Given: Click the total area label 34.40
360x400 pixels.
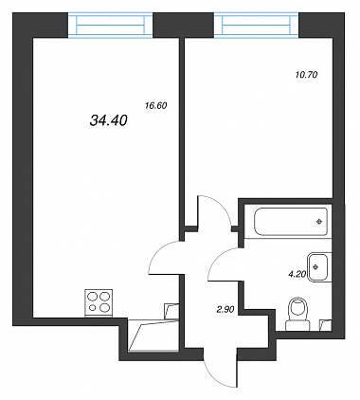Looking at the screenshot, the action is pos(109,120).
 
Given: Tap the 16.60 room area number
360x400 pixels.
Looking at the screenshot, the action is pos(155,106).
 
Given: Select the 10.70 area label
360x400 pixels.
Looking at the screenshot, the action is pos(306,75).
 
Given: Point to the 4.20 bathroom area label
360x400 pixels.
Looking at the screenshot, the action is pos(297,274).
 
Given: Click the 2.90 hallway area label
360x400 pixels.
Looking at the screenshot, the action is pos(225,310).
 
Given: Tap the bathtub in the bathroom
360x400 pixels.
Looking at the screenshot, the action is pos(291,222).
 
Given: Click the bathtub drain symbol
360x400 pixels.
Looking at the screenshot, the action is pos(319,222).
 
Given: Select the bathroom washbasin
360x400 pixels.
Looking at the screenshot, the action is pos(319,267).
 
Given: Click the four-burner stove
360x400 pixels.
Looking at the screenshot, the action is pos(99,302).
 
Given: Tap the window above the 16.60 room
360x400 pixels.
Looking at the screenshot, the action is pos(111,26).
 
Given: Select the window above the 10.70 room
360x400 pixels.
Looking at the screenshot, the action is pos(257,26).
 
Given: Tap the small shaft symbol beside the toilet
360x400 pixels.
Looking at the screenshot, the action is pos(326,325).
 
